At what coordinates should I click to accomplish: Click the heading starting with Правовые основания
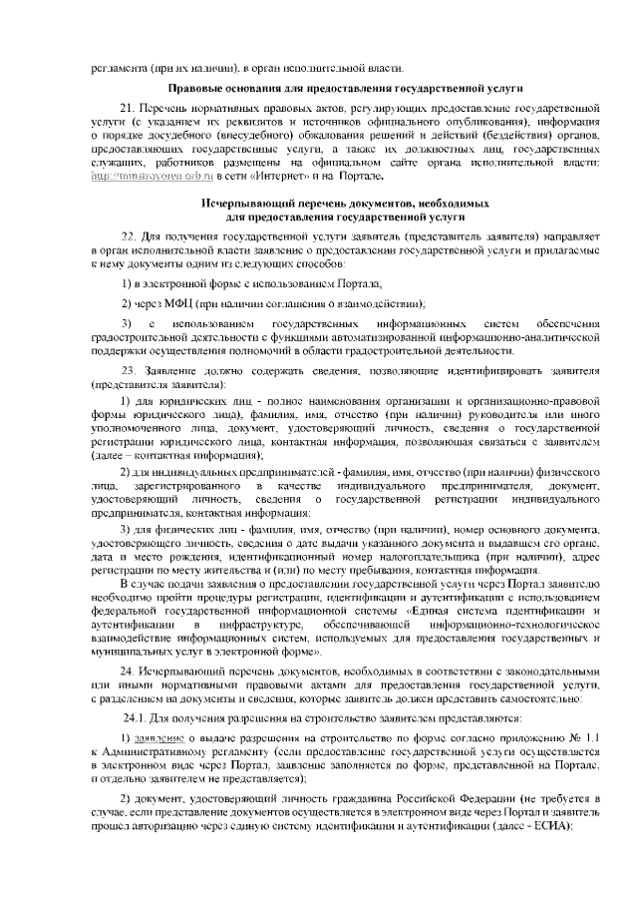[344, 88]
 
